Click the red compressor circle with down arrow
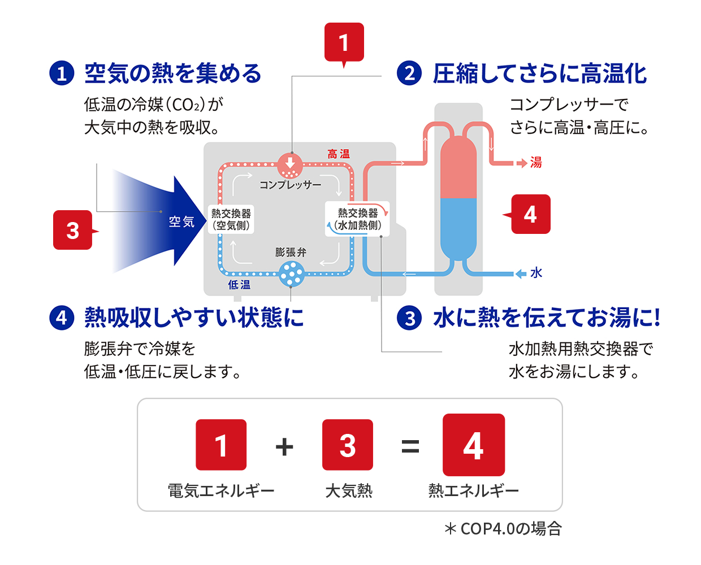290,165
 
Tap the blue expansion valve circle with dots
292,275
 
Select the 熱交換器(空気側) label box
231,219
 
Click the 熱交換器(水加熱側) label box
357,219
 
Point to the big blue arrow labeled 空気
170,221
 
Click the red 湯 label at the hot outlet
535,163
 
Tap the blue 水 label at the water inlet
536,273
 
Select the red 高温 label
339,154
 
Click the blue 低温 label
239,285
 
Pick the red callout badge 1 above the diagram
344,42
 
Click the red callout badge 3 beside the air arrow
73,230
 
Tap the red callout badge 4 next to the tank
530,214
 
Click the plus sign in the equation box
284,446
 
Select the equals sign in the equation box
410,446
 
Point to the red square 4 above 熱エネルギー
473,445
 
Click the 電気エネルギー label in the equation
221,490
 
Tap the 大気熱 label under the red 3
348,490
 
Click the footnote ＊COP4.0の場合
503,528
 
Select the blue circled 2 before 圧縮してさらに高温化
409,73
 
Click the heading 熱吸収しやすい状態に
194,318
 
